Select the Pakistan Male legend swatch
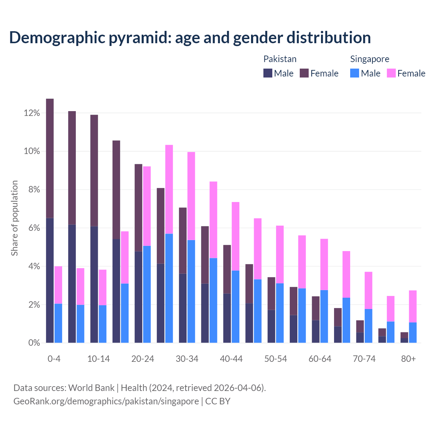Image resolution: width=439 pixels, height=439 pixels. (x=268, y=73)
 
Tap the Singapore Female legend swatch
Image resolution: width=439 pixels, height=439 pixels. (x=391, y=73)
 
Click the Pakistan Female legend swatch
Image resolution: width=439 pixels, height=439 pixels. (x=304, y=73)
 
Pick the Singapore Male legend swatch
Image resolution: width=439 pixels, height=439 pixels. (x=355, y=73)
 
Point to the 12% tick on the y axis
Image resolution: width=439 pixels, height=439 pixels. (x=32, y=113)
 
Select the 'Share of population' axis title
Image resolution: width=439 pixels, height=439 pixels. (x=14, y=218)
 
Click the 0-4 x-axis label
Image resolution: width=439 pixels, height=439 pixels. (x=54, y=359)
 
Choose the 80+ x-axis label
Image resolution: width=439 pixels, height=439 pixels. (x=408, y=359)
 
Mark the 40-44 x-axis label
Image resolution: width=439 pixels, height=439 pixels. (x=231, y=359)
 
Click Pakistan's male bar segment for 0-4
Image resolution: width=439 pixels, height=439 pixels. (x=50, y=280)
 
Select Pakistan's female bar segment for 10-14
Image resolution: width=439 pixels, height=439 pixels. (x=94, y=170)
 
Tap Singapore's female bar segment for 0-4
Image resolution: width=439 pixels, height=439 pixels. (x=58, y=285)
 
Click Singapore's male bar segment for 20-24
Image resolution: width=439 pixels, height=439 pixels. (x=147, y=294)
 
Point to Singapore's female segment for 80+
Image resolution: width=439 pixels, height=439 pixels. (x=413, y=306)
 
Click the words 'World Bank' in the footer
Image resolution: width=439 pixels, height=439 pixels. (x=91, y=388)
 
